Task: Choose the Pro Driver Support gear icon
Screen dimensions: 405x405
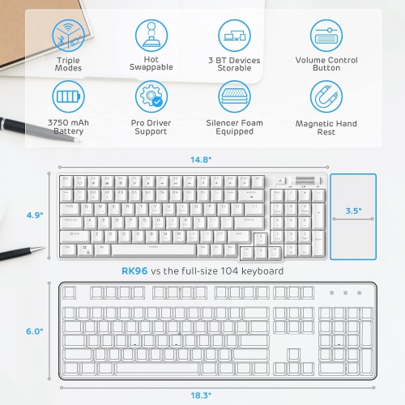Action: tap(151, 96)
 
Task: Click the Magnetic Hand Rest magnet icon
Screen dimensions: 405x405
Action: tap(326, 96)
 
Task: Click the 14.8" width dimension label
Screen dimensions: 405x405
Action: tap(200, 160)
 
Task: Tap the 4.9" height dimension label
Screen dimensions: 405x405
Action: tap(33, 215)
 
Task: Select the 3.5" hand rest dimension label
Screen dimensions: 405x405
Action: tap(353, 211)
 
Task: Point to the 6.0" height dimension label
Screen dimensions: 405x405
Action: tap(33, 331)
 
